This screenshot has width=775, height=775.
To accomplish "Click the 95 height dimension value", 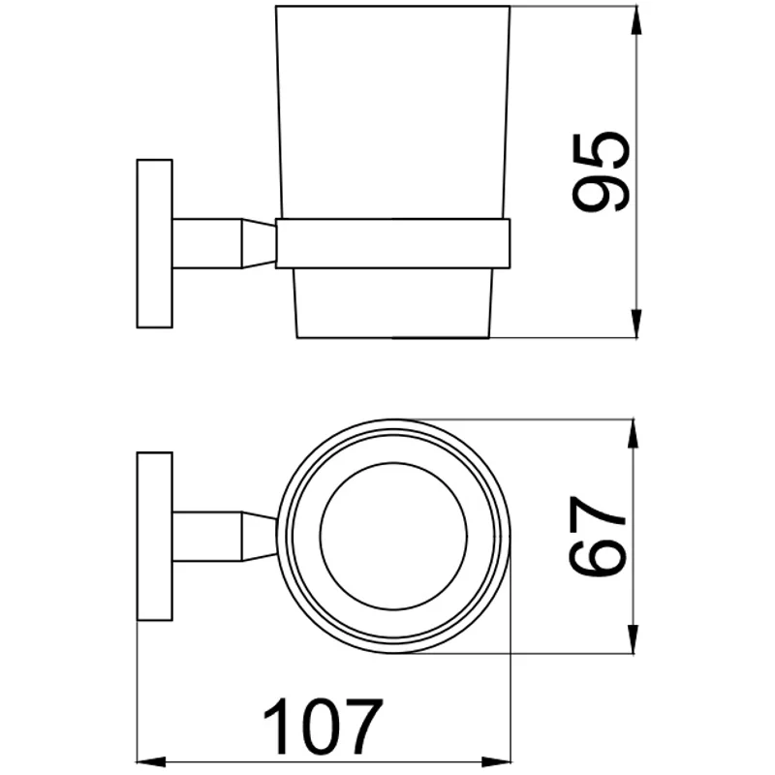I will click(601, 172).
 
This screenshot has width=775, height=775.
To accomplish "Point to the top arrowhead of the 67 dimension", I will click(635, 432).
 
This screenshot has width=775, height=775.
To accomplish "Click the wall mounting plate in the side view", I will click(155, 243).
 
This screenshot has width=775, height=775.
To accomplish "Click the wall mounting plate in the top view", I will click(155, 536).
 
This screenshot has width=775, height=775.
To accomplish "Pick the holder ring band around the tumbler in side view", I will click(393, 243).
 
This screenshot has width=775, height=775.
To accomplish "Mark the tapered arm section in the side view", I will click(258, 243).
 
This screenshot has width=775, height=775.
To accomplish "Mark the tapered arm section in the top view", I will click(258, 536).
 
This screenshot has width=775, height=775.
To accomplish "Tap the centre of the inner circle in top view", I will click(393, 537).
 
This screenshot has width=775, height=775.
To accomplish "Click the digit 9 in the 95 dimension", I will click(601, 194).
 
